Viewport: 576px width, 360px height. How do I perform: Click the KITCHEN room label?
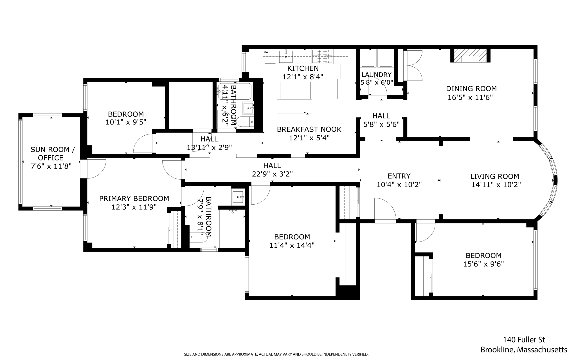303,68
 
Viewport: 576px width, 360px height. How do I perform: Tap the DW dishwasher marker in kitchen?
266,52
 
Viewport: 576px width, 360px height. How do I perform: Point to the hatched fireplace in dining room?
471,56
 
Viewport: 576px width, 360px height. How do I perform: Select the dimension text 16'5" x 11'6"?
470,98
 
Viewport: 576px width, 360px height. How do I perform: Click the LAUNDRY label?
376,75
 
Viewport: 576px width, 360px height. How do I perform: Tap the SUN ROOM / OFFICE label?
53,154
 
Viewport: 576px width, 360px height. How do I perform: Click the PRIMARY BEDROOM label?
134,199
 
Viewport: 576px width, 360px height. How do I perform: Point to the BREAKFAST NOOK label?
309,129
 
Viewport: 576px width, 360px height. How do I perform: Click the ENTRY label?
399,176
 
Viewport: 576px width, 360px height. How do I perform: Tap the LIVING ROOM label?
495,176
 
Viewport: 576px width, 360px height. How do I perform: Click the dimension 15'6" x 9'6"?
483,264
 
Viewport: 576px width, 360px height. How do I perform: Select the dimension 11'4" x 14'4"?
292,245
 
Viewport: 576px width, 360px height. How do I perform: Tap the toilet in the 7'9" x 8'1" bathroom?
198,237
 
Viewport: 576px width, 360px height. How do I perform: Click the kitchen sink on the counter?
286,56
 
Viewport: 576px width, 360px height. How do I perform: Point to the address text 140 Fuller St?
524,340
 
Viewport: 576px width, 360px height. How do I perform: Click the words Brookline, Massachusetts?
524,350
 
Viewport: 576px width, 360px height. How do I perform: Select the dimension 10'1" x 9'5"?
126,122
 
